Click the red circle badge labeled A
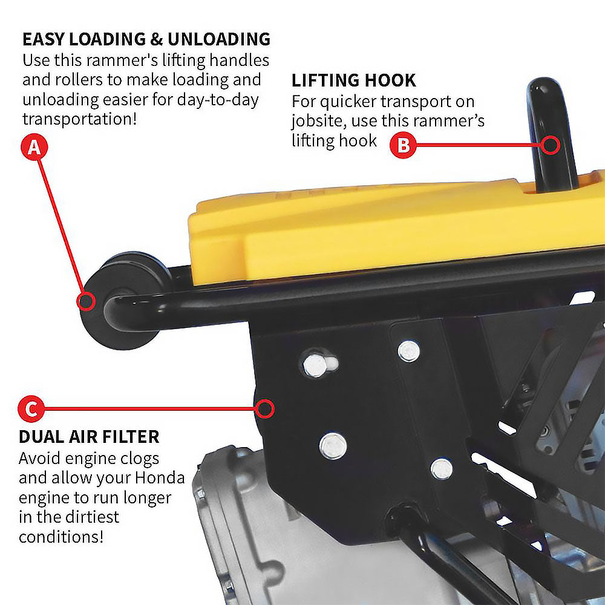coord(34,148)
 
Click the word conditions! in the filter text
coord(61,536)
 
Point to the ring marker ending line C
coord(264,409)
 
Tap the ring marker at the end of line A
coord(87,301)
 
